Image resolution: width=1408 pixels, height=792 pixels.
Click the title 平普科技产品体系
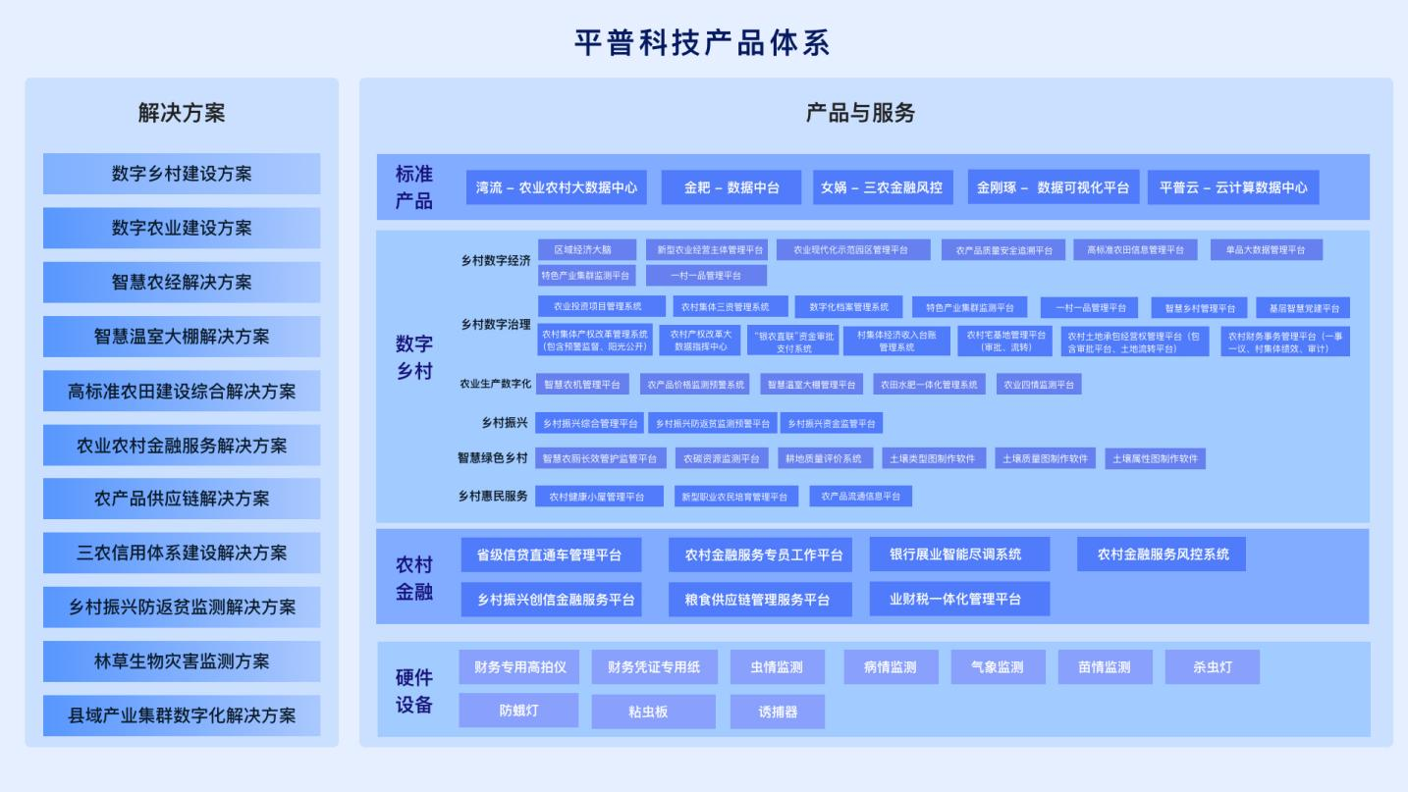point(703,42)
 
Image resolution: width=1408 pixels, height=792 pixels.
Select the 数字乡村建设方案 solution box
point(182,174)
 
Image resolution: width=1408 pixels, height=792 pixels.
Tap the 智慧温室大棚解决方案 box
point(182,337)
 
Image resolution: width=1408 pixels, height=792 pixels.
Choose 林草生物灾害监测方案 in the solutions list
point(182,661)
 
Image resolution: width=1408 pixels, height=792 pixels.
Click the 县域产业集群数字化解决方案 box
point(182,715)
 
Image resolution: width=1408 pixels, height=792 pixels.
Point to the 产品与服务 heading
point(860,113)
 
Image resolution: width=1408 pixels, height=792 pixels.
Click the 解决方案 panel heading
point(182,113)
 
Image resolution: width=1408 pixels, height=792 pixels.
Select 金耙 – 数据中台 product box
point(731,187)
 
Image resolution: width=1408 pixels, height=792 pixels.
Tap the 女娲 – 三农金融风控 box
point(882,187)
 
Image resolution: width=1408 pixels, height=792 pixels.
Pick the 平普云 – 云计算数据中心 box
point(1233,187)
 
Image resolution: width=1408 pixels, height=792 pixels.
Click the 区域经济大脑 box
point(587,250)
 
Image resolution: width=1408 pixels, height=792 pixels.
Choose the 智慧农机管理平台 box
point(582,385)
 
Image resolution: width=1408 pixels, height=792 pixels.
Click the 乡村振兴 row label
point(505,423)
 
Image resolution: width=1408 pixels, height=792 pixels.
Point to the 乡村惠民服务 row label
point(493,496)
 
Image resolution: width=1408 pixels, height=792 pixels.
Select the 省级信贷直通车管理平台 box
point(550,554)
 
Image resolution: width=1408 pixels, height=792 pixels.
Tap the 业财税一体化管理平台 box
point(958,599)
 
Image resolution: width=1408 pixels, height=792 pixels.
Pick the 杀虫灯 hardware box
point(1212,667)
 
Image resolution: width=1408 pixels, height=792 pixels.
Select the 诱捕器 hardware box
point(778,712)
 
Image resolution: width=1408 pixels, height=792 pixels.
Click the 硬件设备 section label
point(414,691)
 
